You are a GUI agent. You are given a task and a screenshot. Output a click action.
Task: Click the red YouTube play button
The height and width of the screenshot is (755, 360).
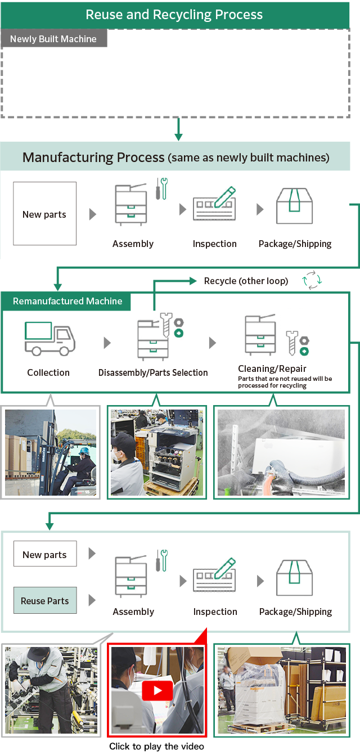[157, 690]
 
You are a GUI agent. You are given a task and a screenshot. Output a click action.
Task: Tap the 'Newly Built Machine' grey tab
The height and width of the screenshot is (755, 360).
[53, 39]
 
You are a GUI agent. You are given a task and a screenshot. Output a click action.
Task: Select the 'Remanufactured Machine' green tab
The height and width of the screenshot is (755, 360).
[67, 301]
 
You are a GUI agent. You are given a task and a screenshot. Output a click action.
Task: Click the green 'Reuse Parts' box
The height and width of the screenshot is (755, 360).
[45, 601]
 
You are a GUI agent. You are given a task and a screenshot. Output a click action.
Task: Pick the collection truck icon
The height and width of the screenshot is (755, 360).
[49, 339]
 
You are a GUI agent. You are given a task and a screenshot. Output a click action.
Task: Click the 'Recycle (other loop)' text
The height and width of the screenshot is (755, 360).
[246, 281]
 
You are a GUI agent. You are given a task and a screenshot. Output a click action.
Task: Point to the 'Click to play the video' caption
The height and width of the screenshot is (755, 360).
[156, 747]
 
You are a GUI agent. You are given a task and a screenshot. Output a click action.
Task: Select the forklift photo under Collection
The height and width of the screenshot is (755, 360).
[51, 452]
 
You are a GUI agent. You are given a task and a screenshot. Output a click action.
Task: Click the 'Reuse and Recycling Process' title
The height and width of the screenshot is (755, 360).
[174, 15]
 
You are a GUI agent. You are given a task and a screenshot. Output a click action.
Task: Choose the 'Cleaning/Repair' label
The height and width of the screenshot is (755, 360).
[272, 368]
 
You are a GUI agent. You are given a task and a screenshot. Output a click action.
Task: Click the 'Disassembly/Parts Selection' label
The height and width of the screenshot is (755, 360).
[153, 372]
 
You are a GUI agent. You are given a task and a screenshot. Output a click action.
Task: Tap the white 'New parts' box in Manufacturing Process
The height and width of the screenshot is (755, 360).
[44, 214]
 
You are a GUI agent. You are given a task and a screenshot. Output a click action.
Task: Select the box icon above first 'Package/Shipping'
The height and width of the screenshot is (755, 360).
[294, 206]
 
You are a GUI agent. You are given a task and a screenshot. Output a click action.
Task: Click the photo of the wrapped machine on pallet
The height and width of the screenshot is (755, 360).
[281, 690]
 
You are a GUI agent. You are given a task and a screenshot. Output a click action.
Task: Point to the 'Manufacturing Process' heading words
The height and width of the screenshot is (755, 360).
[93, 157]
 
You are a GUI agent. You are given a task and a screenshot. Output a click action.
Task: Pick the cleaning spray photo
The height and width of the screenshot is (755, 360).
[281, 452]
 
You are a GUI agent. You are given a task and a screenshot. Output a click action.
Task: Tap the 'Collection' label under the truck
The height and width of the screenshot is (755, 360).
[48, 372]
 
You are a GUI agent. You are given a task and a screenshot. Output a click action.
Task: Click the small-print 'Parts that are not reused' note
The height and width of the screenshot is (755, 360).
[285, 382]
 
